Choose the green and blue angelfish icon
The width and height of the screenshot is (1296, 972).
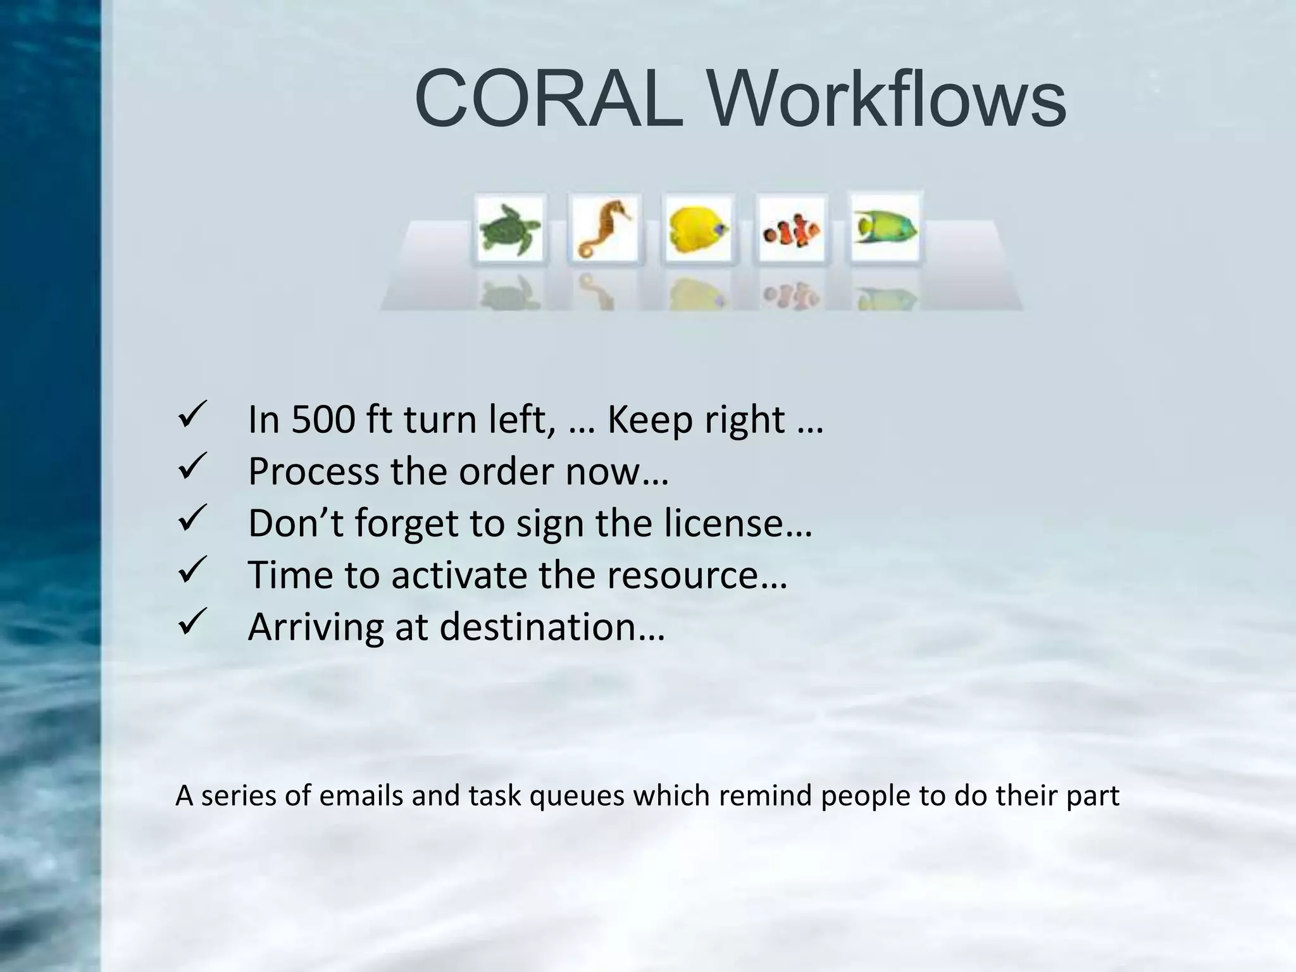tap(885, 228)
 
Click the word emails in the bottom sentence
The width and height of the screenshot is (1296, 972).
tap(361, 795)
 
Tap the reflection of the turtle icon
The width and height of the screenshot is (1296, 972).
tap(509, 294)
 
